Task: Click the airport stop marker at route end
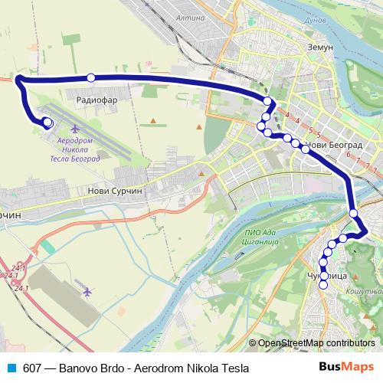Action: click(x=47, y=122)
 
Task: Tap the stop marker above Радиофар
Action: click(x=91, y=77)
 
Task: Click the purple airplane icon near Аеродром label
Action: click(x=75, y=129)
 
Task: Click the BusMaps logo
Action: click(x=346, y=366)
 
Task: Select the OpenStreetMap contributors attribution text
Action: click(x=316, y=343)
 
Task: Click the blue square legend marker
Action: click(x=11, y=367)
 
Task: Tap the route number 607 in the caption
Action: click(x=33, y=367)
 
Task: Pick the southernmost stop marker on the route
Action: click(x=323, y=285)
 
